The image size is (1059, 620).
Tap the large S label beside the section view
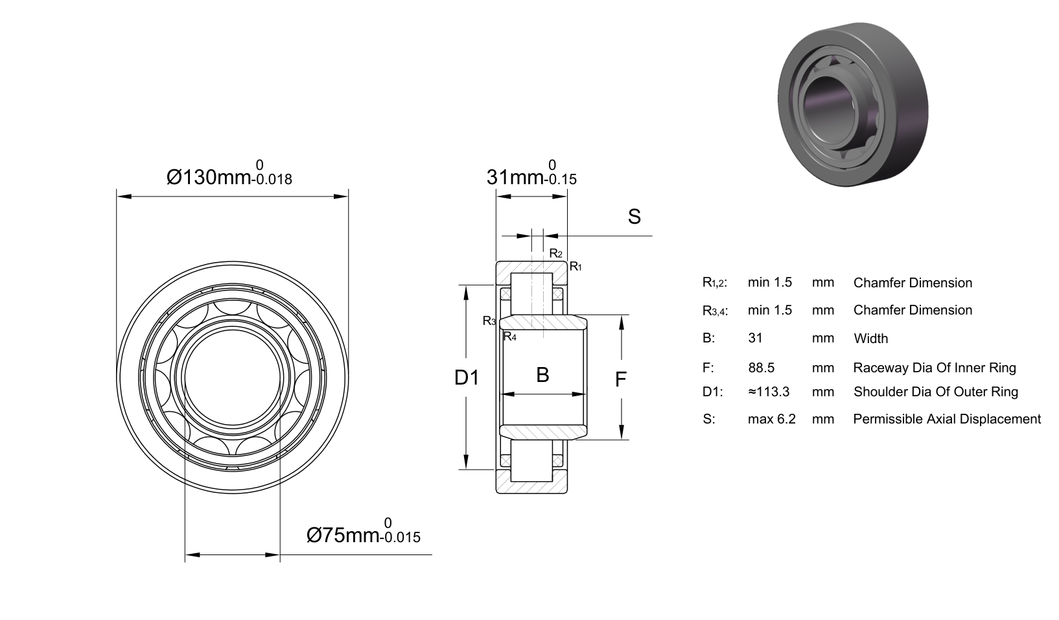pyautogui.click(x=634, y=217)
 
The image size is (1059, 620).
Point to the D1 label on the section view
pyautogui.click(x=467, y=377)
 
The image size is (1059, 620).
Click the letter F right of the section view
pyautogui.click(x=621, y=379)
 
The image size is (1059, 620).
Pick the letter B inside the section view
pyautogui.click(x=542, y=375)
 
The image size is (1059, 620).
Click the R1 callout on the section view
pyautogui.click(x=576, y=267)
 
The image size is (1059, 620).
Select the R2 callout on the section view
pyautogui.click(x=555, y=254)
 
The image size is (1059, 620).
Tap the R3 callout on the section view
pyautogui.click(x=489, y=321)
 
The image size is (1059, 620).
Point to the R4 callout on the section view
pyautogui.click(x=509, y=337)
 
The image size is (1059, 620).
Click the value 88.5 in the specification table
pyautogui.click(x=761, y=368)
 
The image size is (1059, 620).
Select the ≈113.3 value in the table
pyautogui.click(x=769, y=392)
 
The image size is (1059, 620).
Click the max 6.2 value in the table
pyautogui.click(x=771, y=419)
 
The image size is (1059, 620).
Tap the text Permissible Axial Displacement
pyautogui.click(x=947, y=419)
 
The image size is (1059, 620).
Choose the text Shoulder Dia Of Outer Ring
pyautogui.click(x=936, y=392)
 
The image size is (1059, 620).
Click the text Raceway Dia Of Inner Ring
pyautogui.click(x=935, y=368)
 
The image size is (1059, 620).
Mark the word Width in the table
pyautogui.click(x=871, y=339)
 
